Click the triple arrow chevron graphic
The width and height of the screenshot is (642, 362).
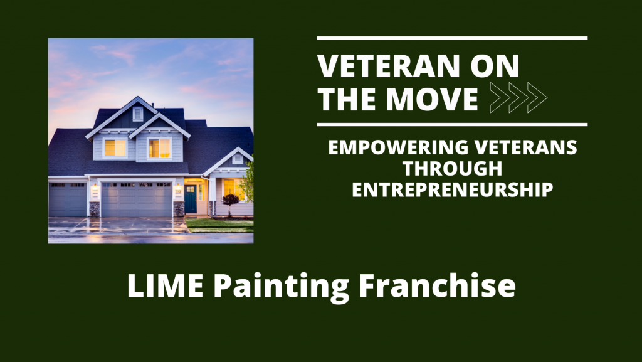tap(518, 97)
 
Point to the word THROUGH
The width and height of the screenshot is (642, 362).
tap(452, 169)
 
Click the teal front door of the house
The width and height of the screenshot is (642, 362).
tap(191, 199)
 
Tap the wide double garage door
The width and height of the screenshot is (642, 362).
tap(137, 199)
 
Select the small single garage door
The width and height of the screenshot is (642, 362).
tap(67, 199)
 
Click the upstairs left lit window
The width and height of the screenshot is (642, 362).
tap(115, 147)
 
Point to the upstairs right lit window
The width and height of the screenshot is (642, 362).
tap(159, 148)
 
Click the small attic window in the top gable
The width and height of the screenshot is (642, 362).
tap(138, 114)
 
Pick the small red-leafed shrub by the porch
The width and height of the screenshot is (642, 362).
tap(231, 200)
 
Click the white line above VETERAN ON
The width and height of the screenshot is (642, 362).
tap(452, 38)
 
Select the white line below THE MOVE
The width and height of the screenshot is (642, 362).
tap(452, 124)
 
